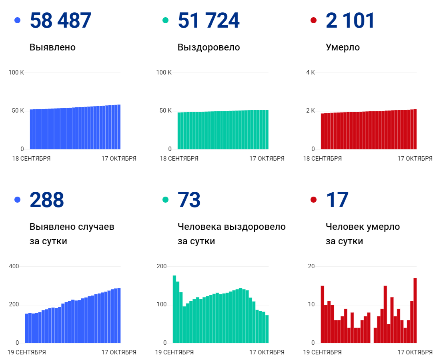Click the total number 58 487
(60, 20)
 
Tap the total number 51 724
(208, 20)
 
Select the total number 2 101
(350, 20)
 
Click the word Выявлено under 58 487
(52, 47)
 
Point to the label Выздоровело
(208, 47)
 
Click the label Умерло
(343, 47)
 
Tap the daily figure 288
(47, 200)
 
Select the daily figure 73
(189, 200)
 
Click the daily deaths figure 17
(337, 200)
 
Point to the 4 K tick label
(311, 72)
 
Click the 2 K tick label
(311, 111)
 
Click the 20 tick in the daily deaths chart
(311, 266)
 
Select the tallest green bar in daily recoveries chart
(174, 309)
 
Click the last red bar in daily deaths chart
(415, 310)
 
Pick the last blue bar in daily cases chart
(119, 316)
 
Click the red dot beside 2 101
(313, 20)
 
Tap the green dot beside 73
(165, 199)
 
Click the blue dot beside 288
(17, 199)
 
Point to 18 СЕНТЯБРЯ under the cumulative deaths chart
(323, 159)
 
